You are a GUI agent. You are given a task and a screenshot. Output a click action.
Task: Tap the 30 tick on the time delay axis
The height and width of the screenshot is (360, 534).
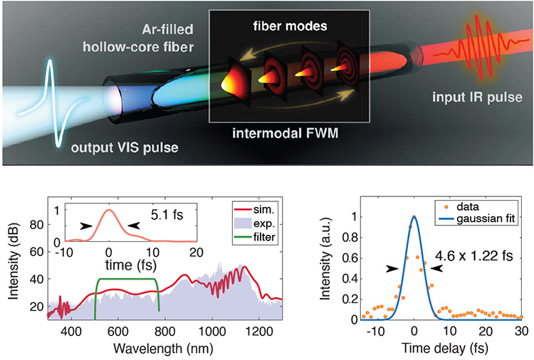coord(521,331)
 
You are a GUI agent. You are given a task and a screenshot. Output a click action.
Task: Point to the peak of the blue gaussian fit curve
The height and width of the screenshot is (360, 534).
coord(414,217)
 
